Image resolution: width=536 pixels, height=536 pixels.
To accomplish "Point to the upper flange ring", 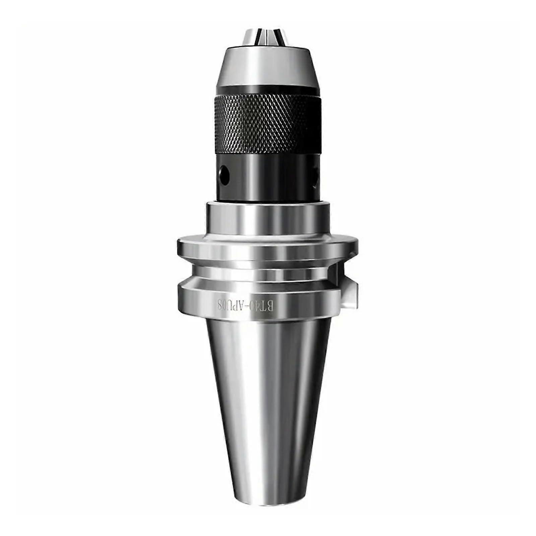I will (x=265, y=248).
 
